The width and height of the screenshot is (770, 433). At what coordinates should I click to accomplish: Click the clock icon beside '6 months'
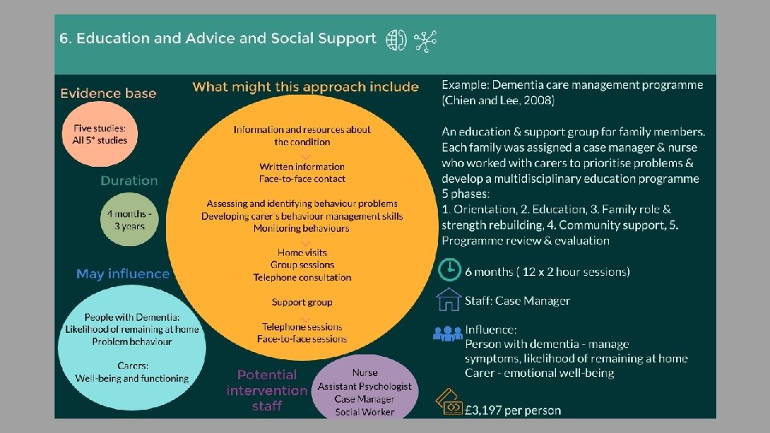click(x=450, y=269)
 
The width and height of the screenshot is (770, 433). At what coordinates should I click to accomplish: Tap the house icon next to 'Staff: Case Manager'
click(x=450, y=300)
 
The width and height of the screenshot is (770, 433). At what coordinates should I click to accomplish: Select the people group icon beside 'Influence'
click(x=448, y=332)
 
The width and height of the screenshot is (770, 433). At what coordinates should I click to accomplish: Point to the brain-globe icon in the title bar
click(x=396, y=41)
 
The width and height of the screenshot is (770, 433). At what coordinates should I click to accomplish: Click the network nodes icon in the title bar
click(x=424, y=41)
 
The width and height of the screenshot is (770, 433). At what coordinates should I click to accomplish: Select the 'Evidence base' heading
click(x=107, y=93)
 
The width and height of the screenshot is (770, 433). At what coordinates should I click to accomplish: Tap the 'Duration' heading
click(x=129, y=180)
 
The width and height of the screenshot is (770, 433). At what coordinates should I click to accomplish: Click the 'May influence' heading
click(x=123, y=273)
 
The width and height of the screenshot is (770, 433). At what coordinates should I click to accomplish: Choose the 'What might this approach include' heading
click(x=306, y=87)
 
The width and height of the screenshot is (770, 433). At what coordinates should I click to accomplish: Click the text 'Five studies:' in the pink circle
click(x=94, y=127)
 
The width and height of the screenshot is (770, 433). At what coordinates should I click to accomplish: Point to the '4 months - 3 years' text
click(x=128, y=221)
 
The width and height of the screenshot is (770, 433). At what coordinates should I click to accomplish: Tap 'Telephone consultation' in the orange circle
click(x=302, y=277)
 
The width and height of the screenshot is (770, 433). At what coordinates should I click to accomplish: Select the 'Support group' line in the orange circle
click(x=302, y=302)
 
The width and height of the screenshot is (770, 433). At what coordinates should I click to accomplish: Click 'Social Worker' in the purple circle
click(x=364, y=411)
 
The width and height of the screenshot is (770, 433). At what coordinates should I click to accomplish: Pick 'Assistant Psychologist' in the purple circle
click(x=364, y=386)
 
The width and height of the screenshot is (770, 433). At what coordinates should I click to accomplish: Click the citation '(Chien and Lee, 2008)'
click(x=497, y=100)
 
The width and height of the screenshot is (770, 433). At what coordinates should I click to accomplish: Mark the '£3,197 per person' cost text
click(x=513, y=410)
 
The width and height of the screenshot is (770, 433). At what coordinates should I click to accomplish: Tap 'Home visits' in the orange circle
click(x=302, y=253)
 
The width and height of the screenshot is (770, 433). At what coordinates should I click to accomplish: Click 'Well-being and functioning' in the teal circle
click(x=132, y=378)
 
